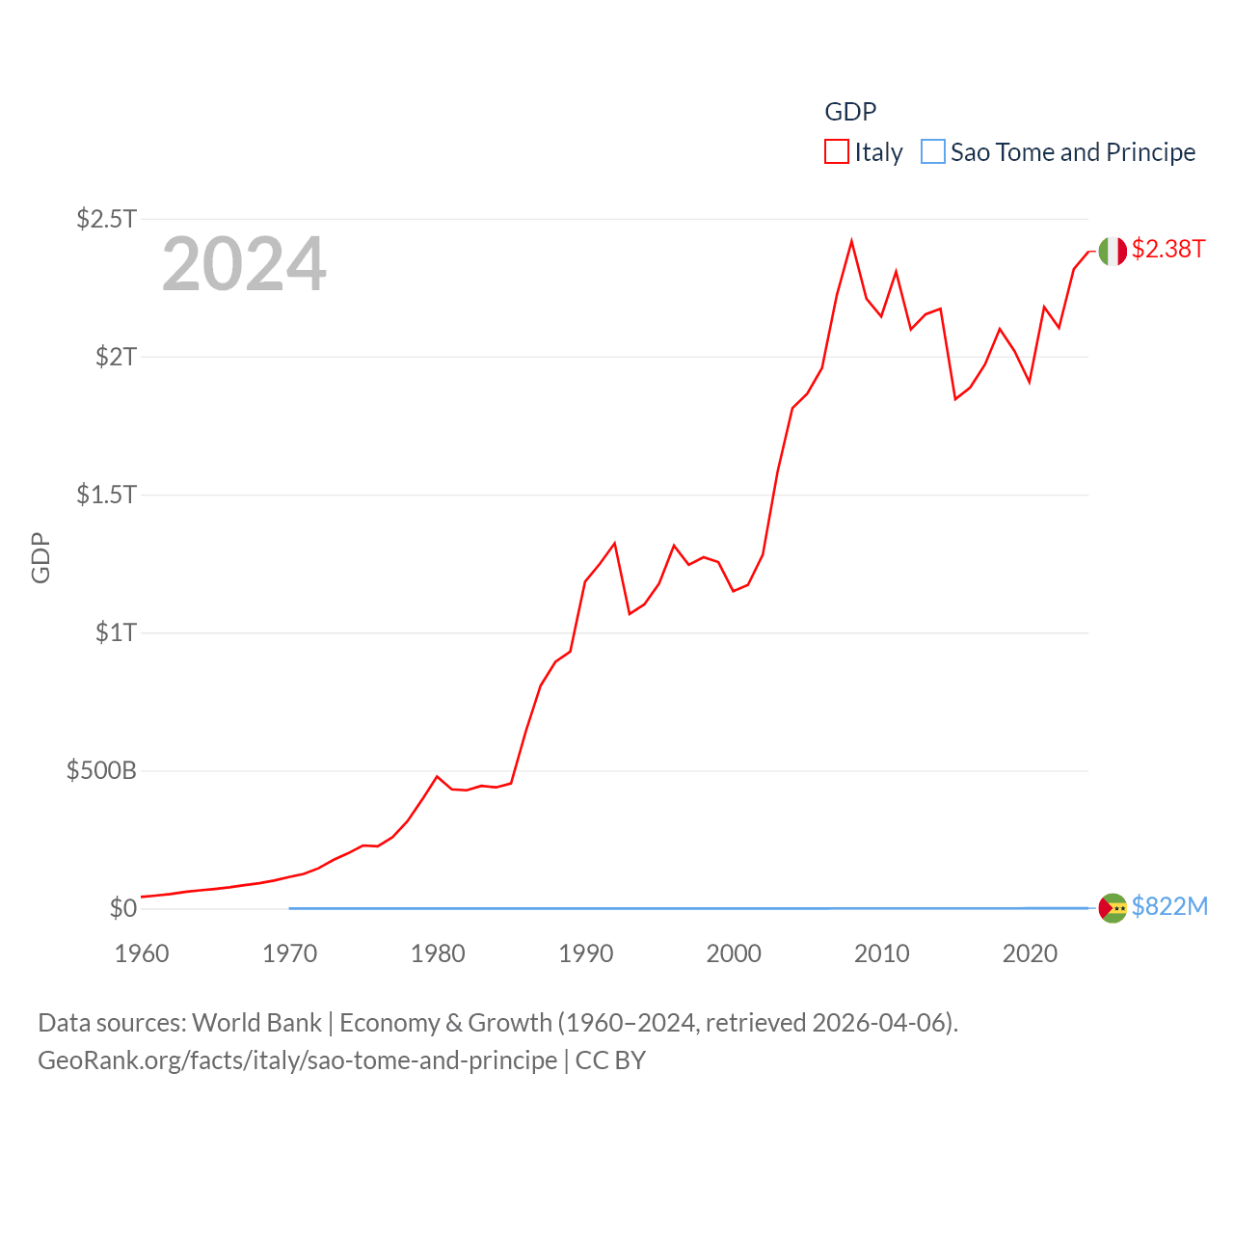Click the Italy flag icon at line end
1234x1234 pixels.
tap(1113, 251)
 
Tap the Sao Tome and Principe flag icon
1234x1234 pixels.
tap(1113, 908)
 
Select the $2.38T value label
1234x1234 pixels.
tap(1168, 249)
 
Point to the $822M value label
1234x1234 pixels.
tap(1169, 906)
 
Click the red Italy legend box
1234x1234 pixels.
tap(837, 152)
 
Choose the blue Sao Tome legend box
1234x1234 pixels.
tap(933, 152)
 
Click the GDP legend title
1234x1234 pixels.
tap(850, 112)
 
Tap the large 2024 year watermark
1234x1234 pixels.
tap(244, 264)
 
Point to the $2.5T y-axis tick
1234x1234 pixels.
tap(107, 219)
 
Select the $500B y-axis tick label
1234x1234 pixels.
tap(101, 770)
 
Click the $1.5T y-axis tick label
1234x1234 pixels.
tap(107, 495)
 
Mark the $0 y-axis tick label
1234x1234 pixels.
tap(123, 908)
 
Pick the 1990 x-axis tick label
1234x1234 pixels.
tap(585, 953)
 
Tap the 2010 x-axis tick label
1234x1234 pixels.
tap(881, 953)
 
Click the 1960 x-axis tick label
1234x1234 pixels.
tap(142, 953)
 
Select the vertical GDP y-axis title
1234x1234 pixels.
tap(40, 557)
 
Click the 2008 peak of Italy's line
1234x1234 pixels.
tap(851, 241)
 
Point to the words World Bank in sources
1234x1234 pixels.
tap(257, 1022)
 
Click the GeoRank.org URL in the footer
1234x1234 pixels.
tap(297, 1060)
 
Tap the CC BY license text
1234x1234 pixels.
tap(610, 1060)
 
